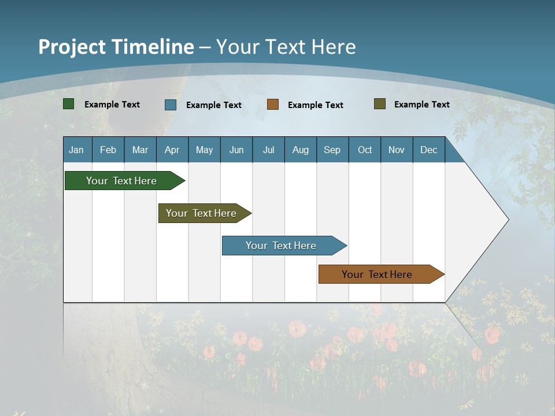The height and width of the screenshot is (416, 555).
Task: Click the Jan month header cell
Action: point(77,150)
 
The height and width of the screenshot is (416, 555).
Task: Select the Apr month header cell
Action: point(172,150)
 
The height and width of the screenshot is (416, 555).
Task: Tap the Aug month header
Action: point(301,150)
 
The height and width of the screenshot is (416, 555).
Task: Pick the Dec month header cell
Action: point(429,150)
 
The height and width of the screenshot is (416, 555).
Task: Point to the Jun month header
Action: point(236,150)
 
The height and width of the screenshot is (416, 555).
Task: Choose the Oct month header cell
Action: point(365,150)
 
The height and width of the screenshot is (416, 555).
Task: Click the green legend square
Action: point(69,104)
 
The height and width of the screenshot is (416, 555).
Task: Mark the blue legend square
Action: point(171,105)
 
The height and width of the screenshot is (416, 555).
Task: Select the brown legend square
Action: point(273,105)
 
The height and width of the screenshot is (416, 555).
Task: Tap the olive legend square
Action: point(380,104)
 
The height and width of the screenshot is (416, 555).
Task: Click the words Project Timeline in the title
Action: point(116,47)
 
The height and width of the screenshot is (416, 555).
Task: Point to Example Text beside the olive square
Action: point(421,105)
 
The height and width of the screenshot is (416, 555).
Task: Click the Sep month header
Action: point(332,150)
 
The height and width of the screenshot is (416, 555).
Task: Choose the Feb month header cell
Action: point(108,150)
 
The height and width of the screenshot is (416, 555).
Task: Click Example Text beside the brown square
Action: point(315,105)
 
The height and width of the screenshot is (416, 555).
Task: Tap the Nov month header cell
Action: point(397,150)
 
